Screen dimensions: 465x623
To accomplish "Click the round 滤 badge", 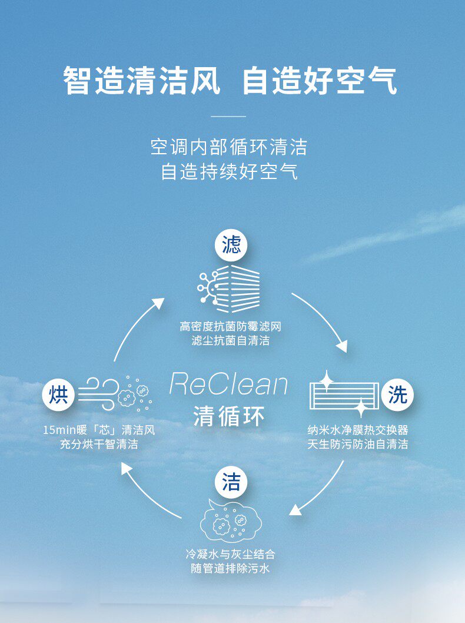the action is click(x=232, y=245).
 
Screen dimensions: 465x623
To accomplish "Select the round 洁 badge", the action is click(x=231, y=483).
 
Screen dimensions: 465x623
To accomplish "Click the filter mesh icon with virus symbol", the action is click(x=229, y=289).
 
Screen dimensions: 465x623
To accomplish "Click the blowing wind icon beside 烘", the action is click(x=115, y=394).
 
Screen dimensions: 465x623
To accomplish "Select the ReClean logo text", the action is click(x=228, y=384).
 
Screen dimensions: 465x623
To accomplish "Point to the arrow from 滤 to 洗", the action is click(x=321, y=321).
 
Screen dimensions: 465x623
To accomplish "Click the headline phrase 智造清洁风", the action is click(x=141, y=82).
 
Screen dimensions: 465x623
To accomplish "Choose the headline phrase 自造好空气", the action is click(x=320, y=82).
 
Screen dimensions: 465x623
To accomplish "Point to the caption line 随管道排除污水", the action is click(x=231, y=569).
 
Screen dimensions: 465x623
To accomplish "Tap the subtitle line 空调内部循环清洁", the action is click(x=229, y=147).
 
